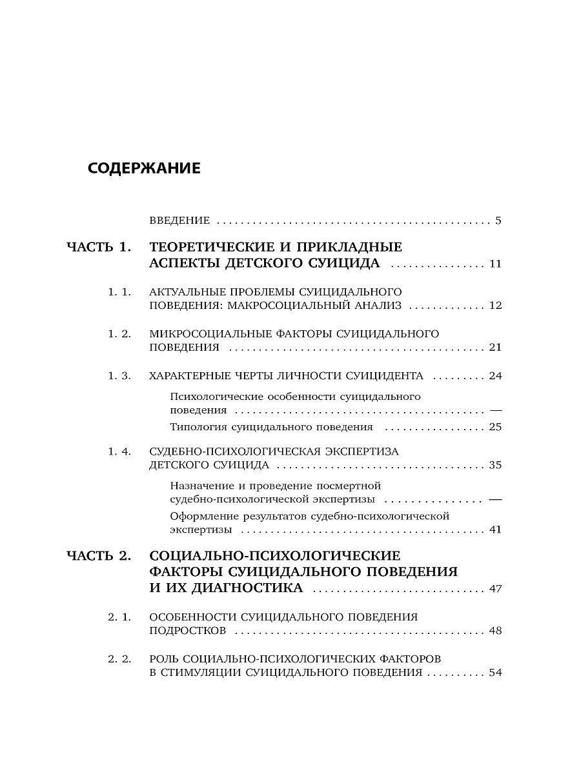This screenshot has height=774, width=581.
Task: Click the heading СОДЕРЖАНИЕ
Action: pos(144,168)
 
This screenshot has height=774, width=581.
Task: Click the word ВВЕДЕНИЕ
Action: pos(179,221)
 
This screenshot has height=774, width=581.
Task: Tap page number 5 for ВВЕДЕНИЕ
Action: pos(498,221)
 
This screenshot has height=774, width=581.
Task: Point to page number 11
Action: pos(495,264)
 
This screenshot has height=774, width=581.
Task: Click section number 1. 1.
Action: pos(119,292)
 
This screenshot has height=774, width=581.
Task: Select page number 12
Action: pos(495,305)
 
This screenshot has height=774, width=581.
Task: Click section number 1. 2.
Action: pos(119,333)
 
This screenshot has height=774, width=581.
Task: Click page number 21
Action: pos(495,348)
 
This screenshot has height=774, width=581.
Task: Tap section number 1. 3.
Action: pos(119,375)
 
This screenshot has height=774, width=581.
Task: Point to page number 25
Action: pos(495,426)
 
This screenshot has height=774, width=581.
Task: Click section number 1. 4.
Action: pos(119,451)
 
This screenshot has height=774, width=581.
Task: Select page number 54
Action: pos(495,672)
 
